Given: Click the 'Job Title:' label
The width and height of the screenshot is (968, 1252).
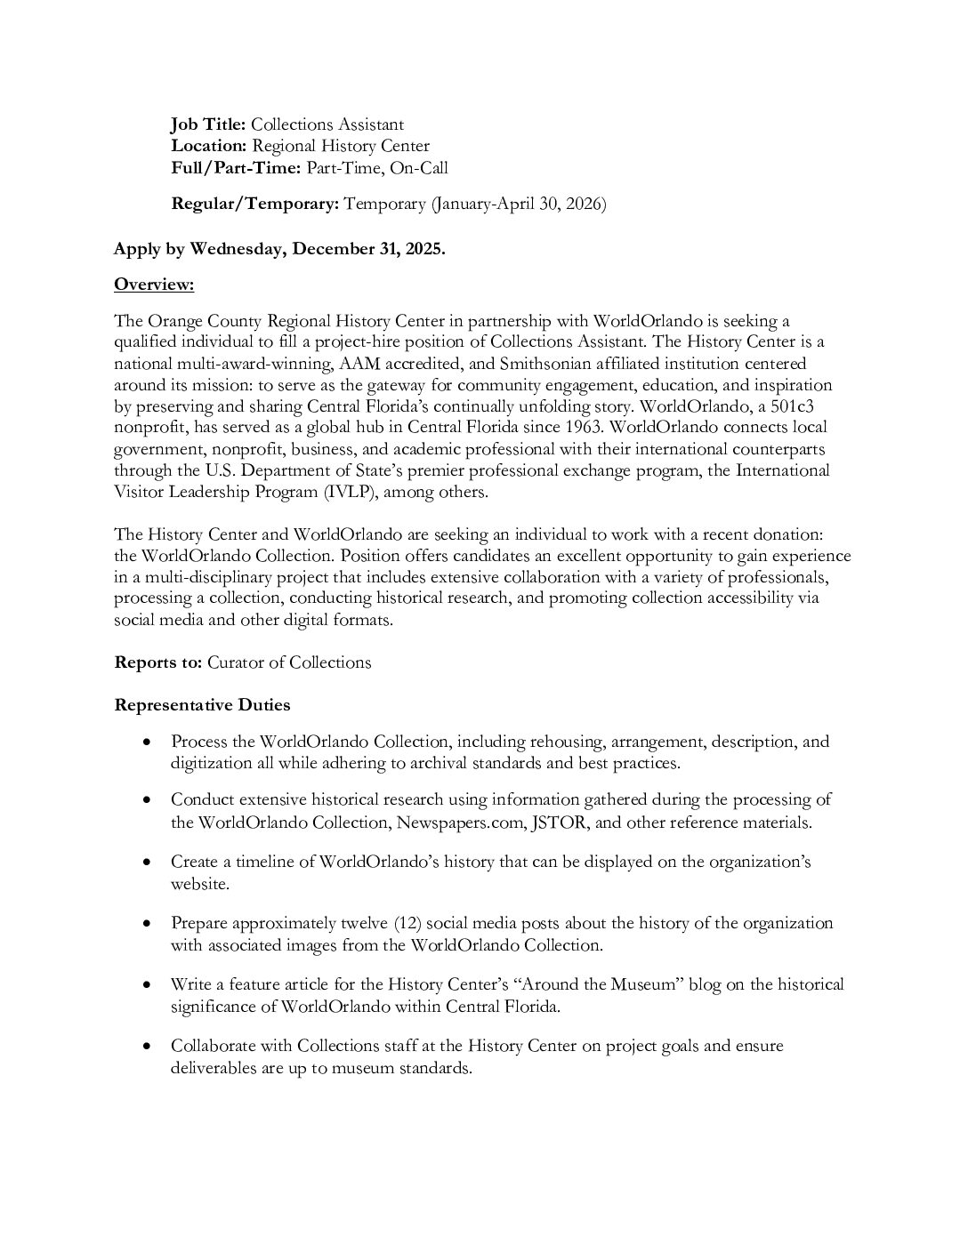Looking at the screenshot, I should coord(208,124).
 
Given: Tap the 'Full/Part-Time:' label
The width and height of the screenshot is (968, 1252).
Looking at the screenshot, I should coord(236,167).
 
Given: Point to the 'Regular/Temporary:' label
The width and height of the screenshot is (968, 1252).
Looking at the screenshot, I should coord(254,204).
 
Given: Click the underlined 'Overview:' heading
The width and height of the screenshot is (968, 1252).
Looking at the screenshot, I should coord(154,285).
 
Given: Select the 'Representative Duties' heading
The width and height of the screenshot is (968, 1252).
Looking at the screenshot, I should coord(202,705).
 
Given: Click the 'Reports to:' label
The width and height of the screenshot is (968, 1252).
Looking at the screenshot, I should coord(158,662).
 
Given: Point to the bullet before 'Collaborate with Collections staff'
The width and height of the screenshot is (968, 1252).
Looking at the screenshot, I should coord(147,1047).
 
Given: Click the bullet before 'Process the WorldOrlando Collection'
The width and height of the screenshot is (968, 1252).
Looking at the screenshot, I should coord(147,742).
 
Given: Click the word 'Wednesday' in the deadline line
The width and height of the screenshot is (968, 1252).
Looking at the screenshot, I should coord(234,249).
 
